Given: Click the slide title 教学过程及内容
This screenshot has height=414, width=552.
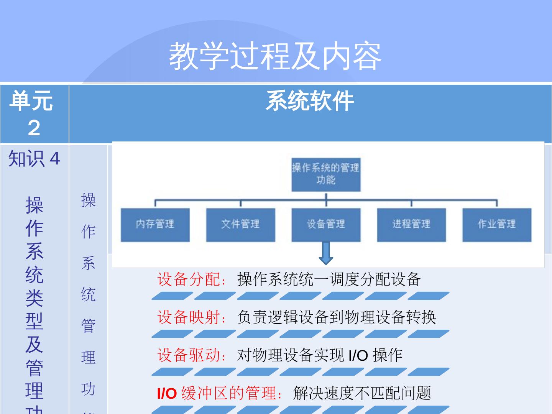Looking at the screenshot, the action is pyautogui.click(x=275, y=56).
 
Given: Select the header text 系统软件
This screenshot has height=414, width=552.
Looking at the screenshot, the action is pyautogui.click(x=310, y=101).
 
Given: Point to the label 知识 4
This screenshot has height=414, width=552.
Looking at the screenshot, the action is pyautogui.click(x=34, y=158).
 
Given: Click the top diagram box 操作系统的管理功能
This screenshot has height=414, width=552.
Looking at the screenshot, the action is pyautogui.click(x=326, y=174).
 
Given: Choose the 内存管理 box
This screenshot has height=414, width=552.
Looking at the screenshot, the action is pyautogui.click(x=155, y=225).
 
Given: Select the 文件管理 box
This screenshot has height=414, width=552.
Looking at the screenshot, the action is pyautogui.click(x=241, y=225).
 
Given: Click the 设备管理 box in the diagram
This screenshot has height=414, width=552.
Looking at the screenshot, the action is pyautogui.click(x=326, y=225).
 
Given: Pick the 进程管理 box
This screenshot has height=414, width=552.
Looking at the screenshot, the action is pyautogui.click(x=411, y=225).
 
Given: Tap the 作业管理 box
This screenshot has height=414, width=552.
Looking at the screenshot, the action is pyautogui.click(x=497, y=225).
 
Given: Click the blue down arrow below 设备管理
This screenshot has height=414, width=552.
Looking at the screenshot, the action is pyautogui.click(x=326, y=253).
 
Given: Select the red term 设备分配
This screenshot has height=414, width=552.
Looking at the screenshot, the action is pyautogui.click(x=189, y=279).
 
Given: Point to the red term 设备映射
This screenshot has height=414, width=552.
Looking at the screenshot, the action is pyautogui.click(x=189, y=317).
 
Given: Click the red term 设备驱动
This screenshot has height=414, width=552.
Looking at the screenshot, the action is pyautogui.click(x=189, y=355).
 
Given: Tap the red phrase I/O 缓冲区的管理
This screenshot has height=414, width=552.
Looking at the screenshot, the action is pyautogui.click(x=218, y=393).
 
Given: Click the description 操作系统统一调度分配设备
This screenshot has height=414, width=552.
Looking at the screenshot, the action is pyautogui.click(x=329, y=279).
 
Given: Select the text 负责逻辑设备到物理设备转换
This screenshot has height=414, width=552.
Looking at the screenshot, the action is pyautogui.click(x=337, y=317).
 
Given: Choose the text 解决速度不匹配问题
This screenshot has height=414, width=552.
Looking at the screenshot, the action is pyautogui.click(x=362, y=393).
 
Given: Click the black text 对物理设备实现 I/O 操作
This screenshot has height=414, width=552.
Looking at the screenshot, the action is pyautogui.click(x=320, y=355).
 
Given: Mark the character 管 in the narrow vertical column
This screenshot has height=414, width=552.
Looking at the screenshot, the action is pyautogui.click(x=88, y=326).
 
